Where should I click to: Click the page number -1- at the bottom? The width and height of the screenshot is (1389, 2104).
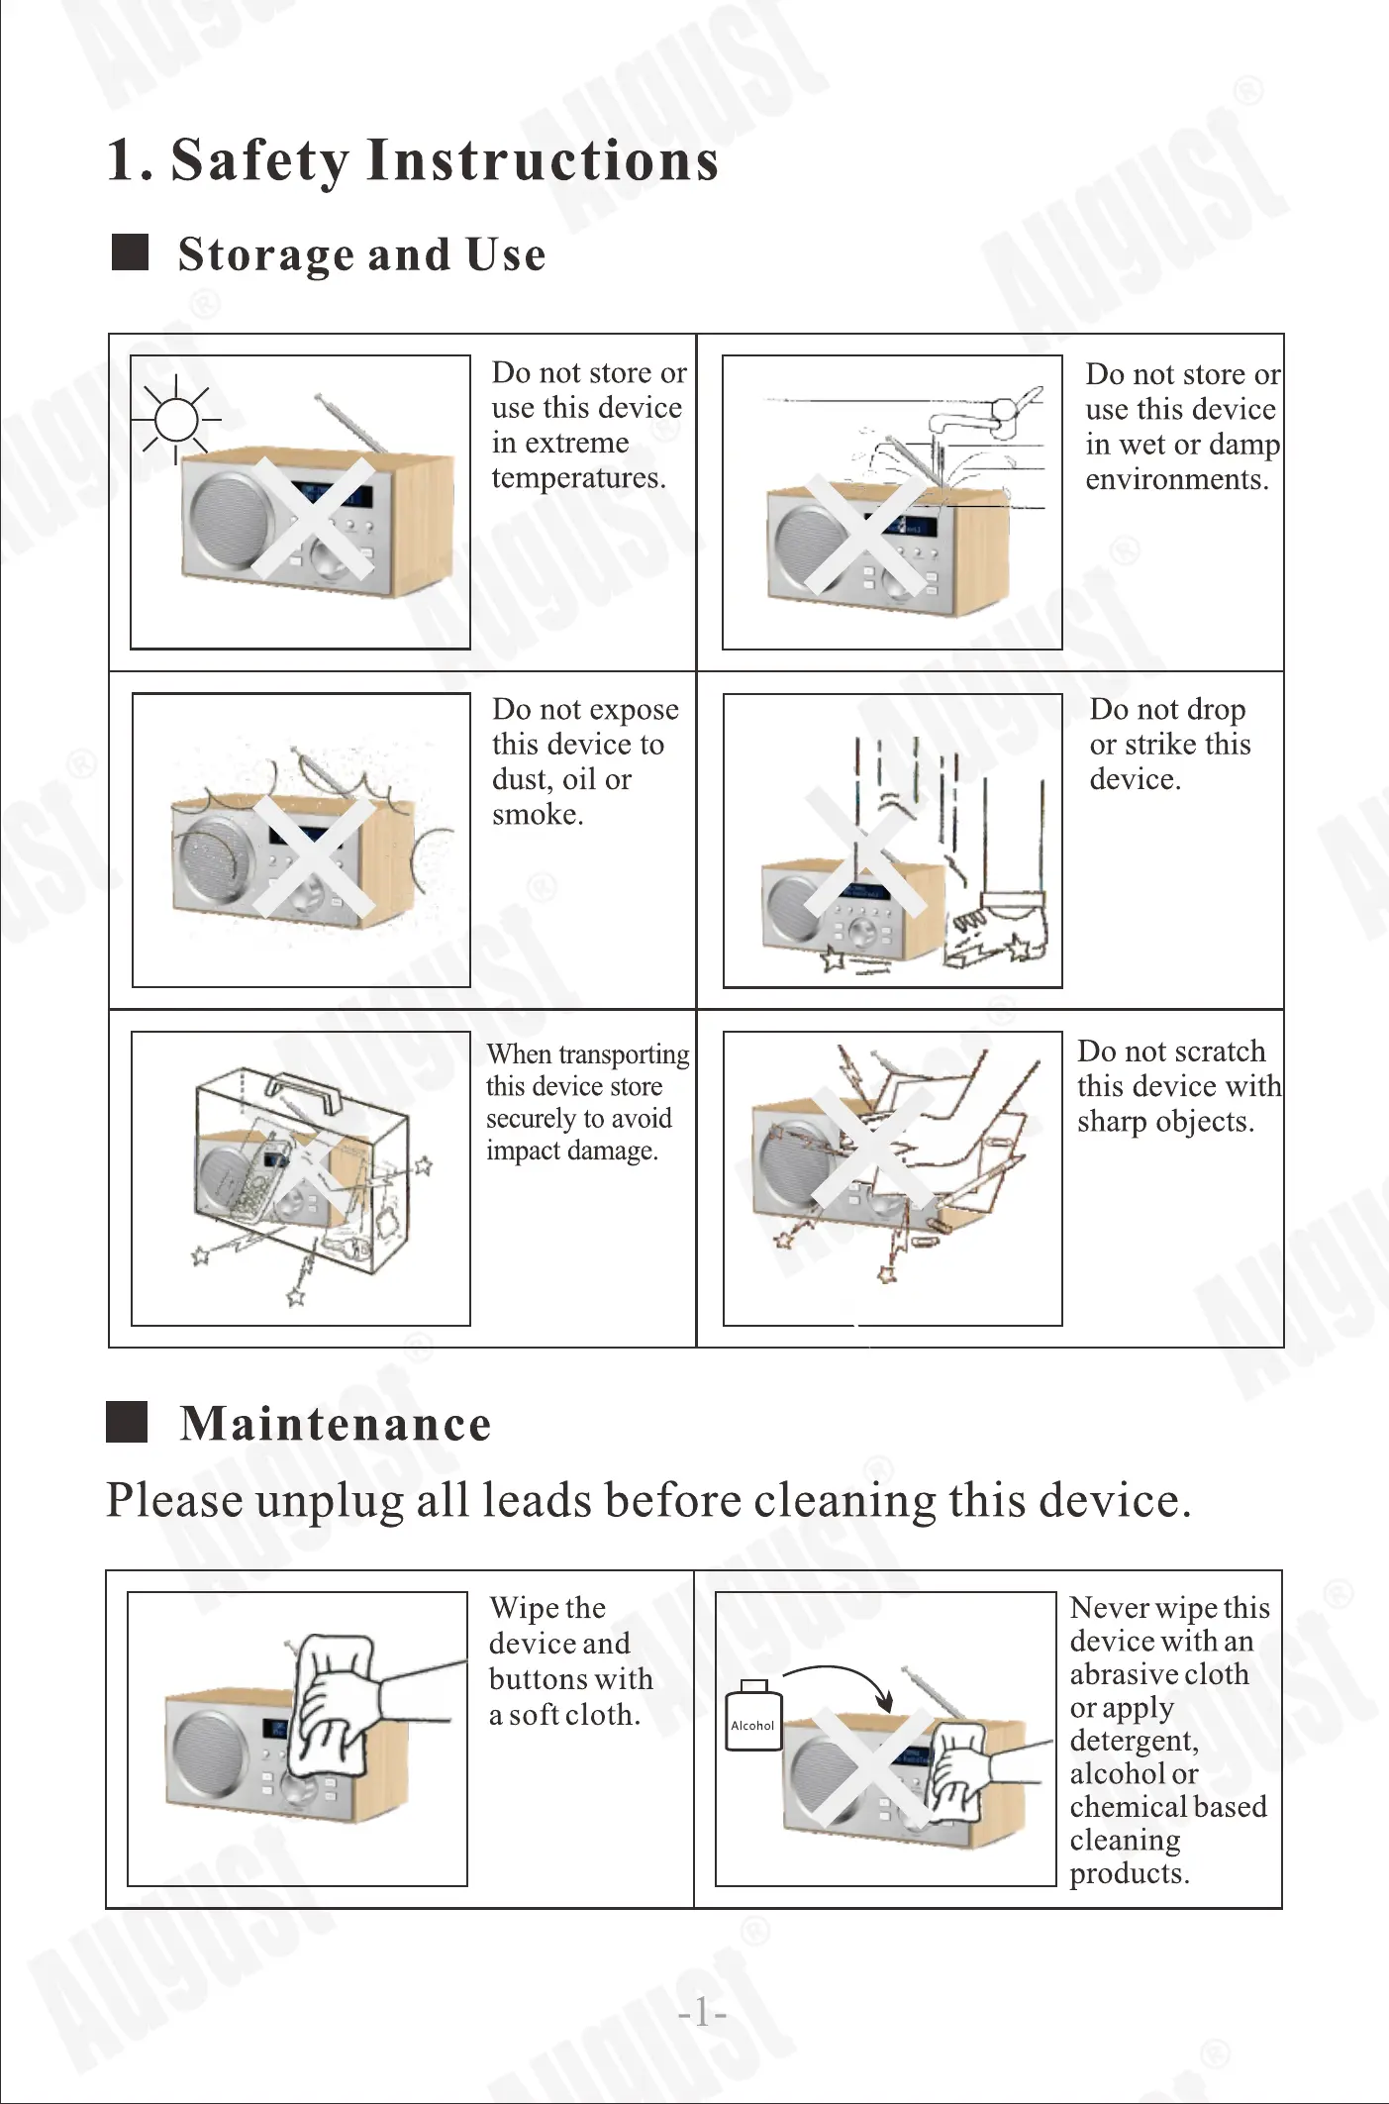point(702,2013)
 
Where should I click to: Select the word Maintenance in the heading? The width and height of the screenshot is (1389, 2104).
point(336,1424)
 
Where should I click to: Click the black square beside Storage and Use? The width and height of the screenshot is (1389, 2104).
point(130,252)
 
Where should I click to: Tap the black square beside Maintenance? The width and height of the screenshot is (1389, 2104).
point(127,1422)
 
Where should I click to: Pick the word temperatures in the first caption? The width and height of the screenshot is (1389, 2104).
point(577,478)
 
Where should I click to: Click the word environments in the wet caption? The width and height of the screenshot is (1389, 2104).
point(1175,480)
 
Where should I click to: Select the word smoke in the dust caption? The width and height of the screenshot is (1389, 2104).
point(536,815)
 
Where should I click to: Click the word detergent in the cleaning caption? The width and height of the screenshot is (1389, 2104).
point(1133,1741)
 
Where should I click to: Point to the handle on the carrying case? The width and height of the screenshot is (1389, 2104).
point(303,1089)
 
